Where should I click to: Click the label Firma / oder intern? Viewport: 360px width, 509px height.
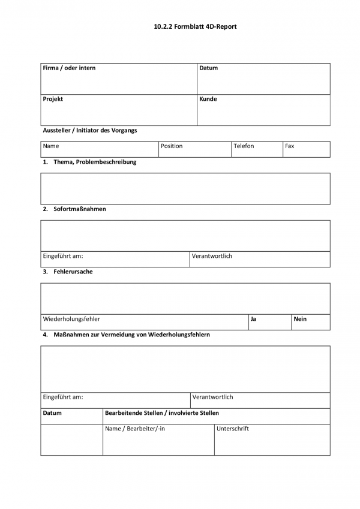point(69,68)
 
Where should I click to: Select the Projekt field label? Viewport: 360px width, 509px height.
point(53,99)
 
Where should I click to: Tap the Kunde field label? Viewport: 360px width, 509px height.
point(208,99)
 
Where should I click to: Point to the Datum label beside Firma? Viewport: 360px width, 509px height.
point(208,68)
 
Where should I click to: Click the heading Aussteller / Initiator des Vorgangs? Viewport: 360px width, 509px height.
point(89,130)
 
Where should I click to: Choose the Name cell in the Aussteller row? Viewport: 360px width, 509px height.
point(51,146)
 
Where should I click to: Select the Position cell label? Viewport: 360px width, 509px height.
point(172,146)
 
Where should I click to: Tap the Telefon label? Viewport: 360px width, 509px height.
point(244,146)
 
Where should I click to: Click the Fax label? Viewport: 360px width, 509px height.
point(290,146)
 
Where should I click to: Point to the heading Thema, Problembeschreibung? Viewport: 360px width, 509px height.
point(95,162)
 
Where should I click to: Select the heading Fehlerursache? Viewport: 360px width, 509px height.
point(73,272)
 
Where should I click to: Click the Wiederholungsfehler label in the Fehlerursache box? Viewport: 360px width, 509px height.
point(71,319)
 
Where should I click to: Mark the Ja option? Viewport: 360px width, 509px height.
point(253,319)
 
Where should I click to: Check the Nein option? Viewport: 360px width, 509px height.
point(300,319)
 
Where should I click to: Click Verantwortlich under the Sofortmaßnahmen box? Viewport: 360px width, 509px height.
point(212,256)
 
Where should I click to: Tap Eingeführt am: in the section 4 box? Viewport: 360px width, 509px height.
point(63,397)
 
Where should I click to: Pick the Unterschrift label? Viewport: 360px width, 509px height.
point(233,429)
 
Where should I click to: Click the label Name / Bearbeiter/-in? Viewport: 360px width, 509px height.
point(135,429)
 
